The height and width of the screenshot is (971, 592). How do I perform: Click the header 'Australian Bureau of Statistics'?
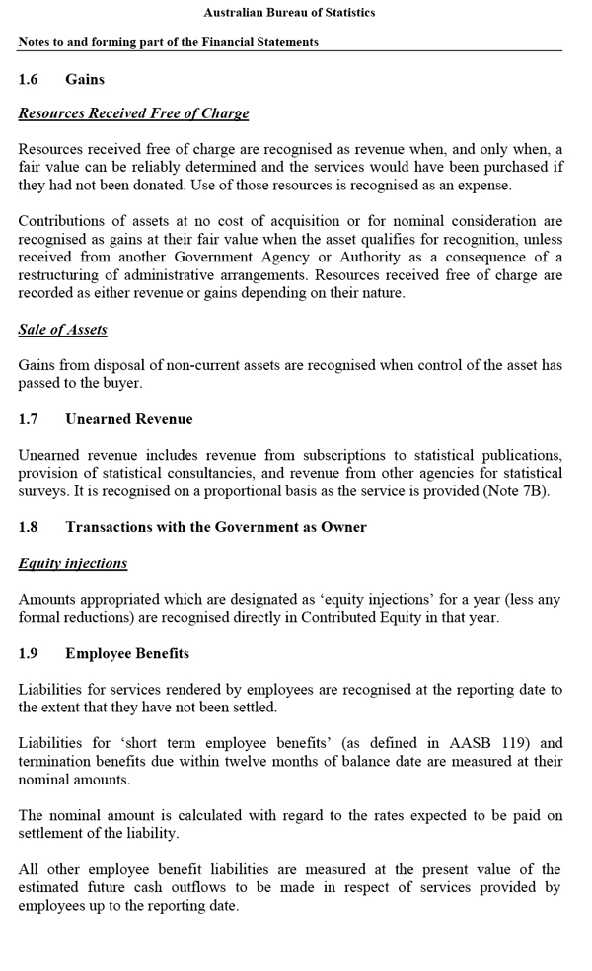tap(289, 13)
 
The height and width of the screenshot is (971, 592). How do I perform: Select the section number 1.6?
tap(28, 79)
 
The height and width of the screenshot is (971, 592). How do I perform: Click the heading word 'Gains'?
tap(85, 79)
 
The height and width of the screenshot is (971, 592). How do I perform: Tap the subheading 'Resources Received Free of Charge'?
tap(133, 113)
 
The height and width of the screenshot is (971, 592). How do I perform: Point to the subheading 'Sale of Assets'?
tap(62, 330)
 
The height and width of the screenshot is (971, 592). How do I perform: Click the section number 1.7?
tap(28, 419)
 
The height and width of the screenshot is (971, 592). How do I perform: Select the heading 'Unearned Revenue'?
tap(129, 419)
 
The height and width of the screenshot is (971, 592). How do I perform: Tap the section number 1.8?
tap(28, 527)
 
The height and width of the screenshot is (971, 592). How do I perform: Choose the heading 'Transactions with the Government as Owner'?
tap(216, 527)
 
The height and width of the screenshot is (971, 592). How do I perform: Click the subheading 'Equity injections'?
tap(73, 563)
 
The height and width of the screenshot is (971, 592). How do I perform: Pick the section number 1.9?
tap(28, 653)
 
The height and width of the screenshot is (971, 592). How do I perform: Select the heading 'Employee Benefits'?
tap(127, 653)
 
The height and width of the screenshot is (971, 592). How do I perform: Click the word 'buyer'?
tap(121, 383)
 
